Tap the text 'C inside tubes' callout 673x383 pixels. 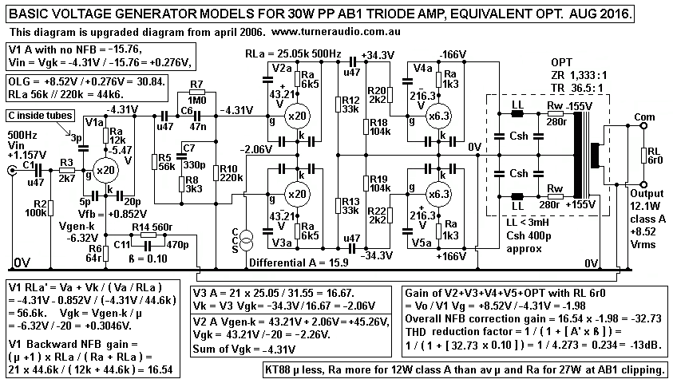[x=40, y=115]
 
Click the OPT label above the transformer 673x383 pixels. [x=562, y=61]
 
